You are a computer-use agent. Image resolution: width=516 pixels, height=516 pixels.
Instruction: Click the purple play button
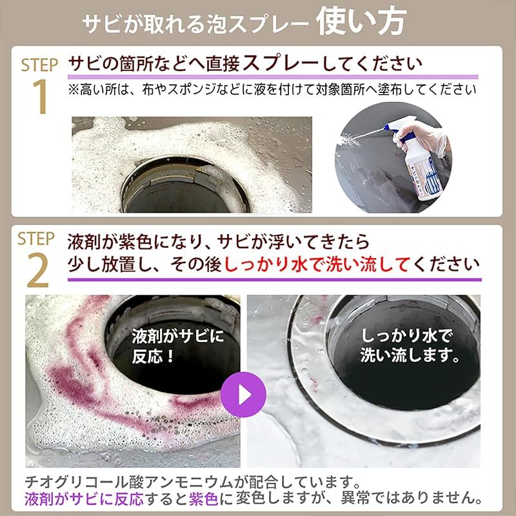click(x=243, y=394)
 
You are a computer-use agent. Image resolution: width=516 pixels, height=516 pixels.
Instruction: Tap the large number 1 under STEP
click(x=41, y=97)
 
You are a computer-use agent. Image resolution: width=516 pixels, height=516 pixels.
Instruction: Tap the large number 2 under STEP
click(x=38, y=270)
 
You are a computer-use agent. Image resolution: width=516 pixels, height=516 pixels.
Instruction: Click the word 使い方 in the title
click(x=361, y=22)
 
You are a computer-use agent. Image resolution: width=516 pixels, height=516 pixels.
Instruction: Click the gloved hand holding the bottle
click(x=422, y=137)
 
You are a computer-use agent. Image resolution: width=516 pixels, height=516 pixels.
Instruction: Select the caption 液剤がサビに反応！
click(x=177, y=346)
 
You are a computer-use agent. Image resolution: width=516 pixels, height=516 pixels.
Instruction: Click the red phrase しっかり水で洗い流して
click(x=318, y=264)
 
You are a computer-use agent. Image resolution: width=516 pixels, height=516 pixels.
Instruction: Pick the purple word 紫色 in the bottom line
click(x=203, y=499)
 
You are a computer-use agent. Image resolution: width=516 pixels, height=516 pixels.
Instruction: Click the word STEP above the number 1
click(x=39, y=65)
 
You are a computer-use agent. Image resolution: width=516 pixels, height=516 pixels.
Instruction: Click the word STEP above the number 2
click(x=36, y=239)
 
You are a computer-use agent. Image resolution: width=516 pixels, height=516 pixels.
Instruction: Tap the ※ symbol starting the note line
click(x=74, y=89)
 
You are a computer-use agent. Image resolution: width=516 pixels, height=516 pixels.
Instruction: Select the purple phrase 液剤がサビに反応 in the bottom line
click(x=84, y=499)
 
